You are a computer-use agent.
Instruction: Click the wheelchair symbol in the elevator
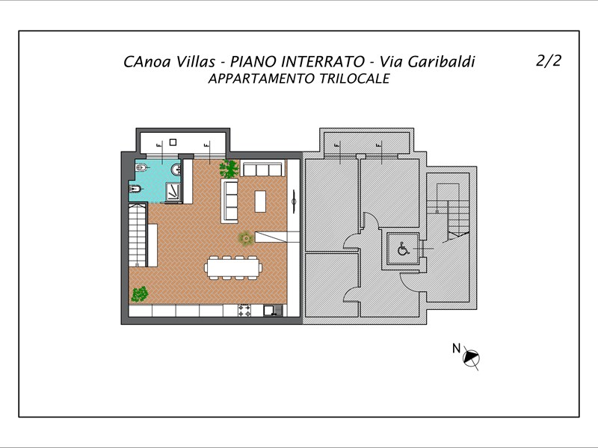point(403,249)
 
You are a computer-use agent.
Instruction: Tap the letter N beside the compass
point(456,348)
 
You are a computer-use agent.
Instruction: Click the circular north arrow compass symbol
point(471,358)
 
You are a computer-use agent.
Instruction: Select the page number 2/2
point(549,60)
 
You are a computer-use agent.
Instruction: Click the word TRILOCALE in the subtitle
point(354,78)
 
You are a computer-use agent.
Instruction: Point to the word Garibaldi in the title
point(441,62)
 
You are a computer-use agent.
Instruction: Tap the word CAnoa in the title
point(147,62)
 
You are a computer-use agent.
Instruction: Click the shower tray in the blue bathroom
point(173,192)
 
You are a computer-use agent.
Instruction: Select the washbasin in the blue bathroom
point(176,169)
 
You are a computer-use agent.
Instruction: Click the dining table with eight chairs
point(233,268)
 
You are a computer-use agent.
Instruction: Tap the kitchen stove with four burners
point(244,311)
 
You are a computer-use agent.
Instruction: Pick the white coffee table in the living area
point(260,201)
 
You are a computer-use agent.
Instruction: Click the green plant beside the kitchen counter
point(140,293)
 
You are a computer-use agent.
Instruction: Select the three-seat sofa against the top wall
point(263,169)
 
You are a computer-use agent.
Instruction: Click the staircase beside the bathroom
point(138,235)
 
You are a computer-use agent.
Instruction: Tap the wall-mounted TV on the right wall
point(294,202)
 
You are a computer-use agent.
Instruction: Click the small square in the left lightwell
point(173,142)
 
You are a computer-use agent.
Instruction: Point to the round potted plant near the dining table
point(246,239)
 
